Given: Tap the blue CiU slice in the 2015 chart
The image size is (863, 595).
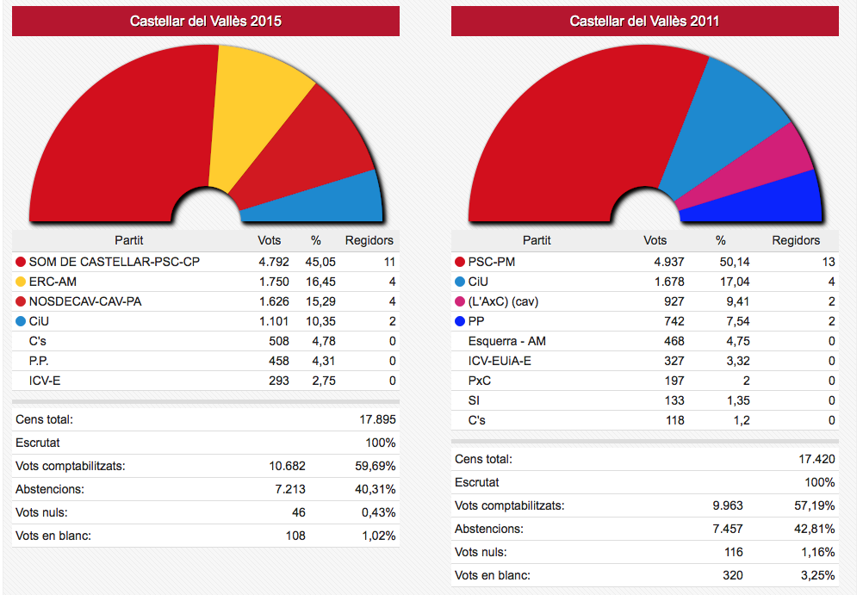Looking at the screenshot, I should pyautogui.click(x=336, y=196).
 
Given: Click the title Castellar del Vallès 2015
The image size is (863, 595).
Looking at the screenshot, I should pyautogui.click(x=206, y=22).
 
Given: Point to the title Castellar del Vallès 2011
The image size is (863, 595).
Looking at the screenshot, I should pyautogui.click(x=644, y=22).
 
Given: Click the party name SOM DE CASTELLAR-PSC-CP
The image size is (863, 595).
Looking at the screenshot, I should pyautogui.click(x=115, y=262).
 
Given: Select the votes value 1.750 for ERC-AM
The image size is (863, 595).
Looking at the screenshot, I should pyautogui.click(x=274, y=282).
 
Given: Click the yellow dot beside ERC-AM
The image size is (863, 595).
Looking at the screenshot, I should pyautogui.click(x=21, y=282).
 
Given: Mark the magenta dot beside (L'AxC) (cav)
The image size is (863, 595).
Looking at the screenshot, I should pyautogui.click(x=459, y=301).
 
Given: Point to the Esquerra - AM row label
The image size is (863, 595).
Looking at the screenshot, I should pyautogui.click(x=506, y=341).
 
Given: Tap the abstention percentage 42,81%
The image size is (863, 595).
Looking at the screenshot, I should pyautogui.click(x=816, y=529).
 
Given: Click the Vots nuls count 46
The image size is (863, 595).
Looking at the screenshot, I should pyautogui.click(x=298, y=512).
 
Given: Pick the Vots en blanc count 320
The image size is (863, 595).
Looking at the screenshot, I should pyautogui.click(x=732, y=575).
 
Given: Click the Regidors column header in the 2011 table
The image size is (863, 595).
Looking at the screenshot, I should pyautogui.click(x=796, y=240).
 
